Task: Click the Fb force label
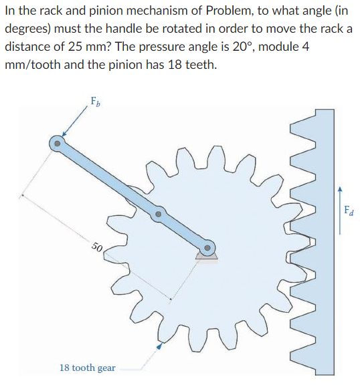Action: [95, 102]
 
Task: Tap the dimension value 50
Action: [96, 249]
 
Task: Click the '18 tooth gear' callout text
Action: [87, 368]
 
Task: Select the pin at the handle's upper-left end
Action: [58, 142]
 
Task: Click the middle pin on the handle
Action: [158, 215]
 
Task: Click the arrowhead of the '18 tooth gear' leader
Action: [159, 347]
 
